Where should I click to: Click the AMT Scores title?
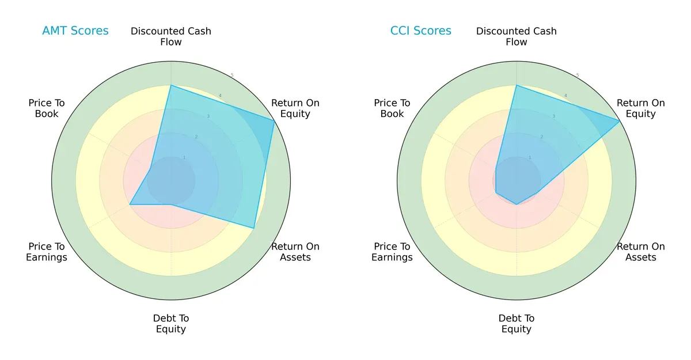(x=75, y=31)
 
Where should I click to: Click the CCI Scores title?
(x=420, y=31)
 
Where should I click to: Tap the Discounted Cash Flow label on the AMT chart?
(x=171, y=36)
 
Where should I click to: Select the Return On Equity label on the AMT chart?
(x=295, y=108)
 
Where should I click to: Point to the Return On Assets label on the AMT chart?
(x=295, y=252)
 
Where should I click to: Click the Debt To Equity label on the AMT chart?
(x=171, y=324)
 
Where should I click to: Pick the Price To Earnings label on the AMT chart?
(x=47, y=252)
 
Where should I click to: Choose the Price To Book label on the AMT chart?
(x=47, y=108)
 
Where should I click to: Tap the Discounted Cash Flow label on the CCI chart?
(x=517, y=36)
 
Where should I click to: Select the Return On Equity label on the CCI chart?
(x=641, y=108)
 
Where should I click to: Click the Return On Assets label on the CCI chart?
(x=641, y=252)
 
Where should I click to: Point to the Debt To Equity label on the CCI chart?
(x=517, y=324)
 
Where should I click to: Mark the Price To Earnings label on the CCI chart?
(x=392, y=252)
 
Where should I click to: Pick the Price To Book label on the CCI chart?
(x=392, y=108)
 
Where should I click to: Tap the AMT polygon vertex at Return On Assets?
(x=254, y=228)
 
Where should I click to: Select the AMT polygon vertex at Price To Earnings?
(x=130, y=204)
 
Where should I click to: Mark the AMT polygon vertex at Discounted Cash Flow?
(x=171, y=85)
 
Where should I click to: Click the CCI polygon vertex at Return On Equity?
(x=620, y=120)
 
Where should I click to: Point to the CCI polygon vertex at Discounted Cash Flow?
(x=517, y=85)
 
